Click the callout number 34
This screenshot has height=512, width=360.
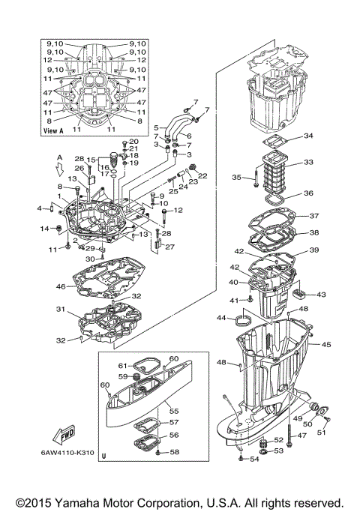tap(309, 136)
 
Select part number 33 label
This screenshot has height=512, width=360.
tap(309, 162)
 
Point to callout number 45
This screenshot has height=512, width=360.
tap(327, 345)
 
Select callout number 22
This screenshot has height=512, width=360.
tap(202, 176)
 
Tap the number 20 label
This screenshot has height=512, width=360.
tap(134, 141)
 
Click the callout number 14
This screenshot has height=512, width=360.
tap(44, 228)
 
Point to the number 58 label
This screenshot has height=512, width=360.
tap(173, 452)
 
